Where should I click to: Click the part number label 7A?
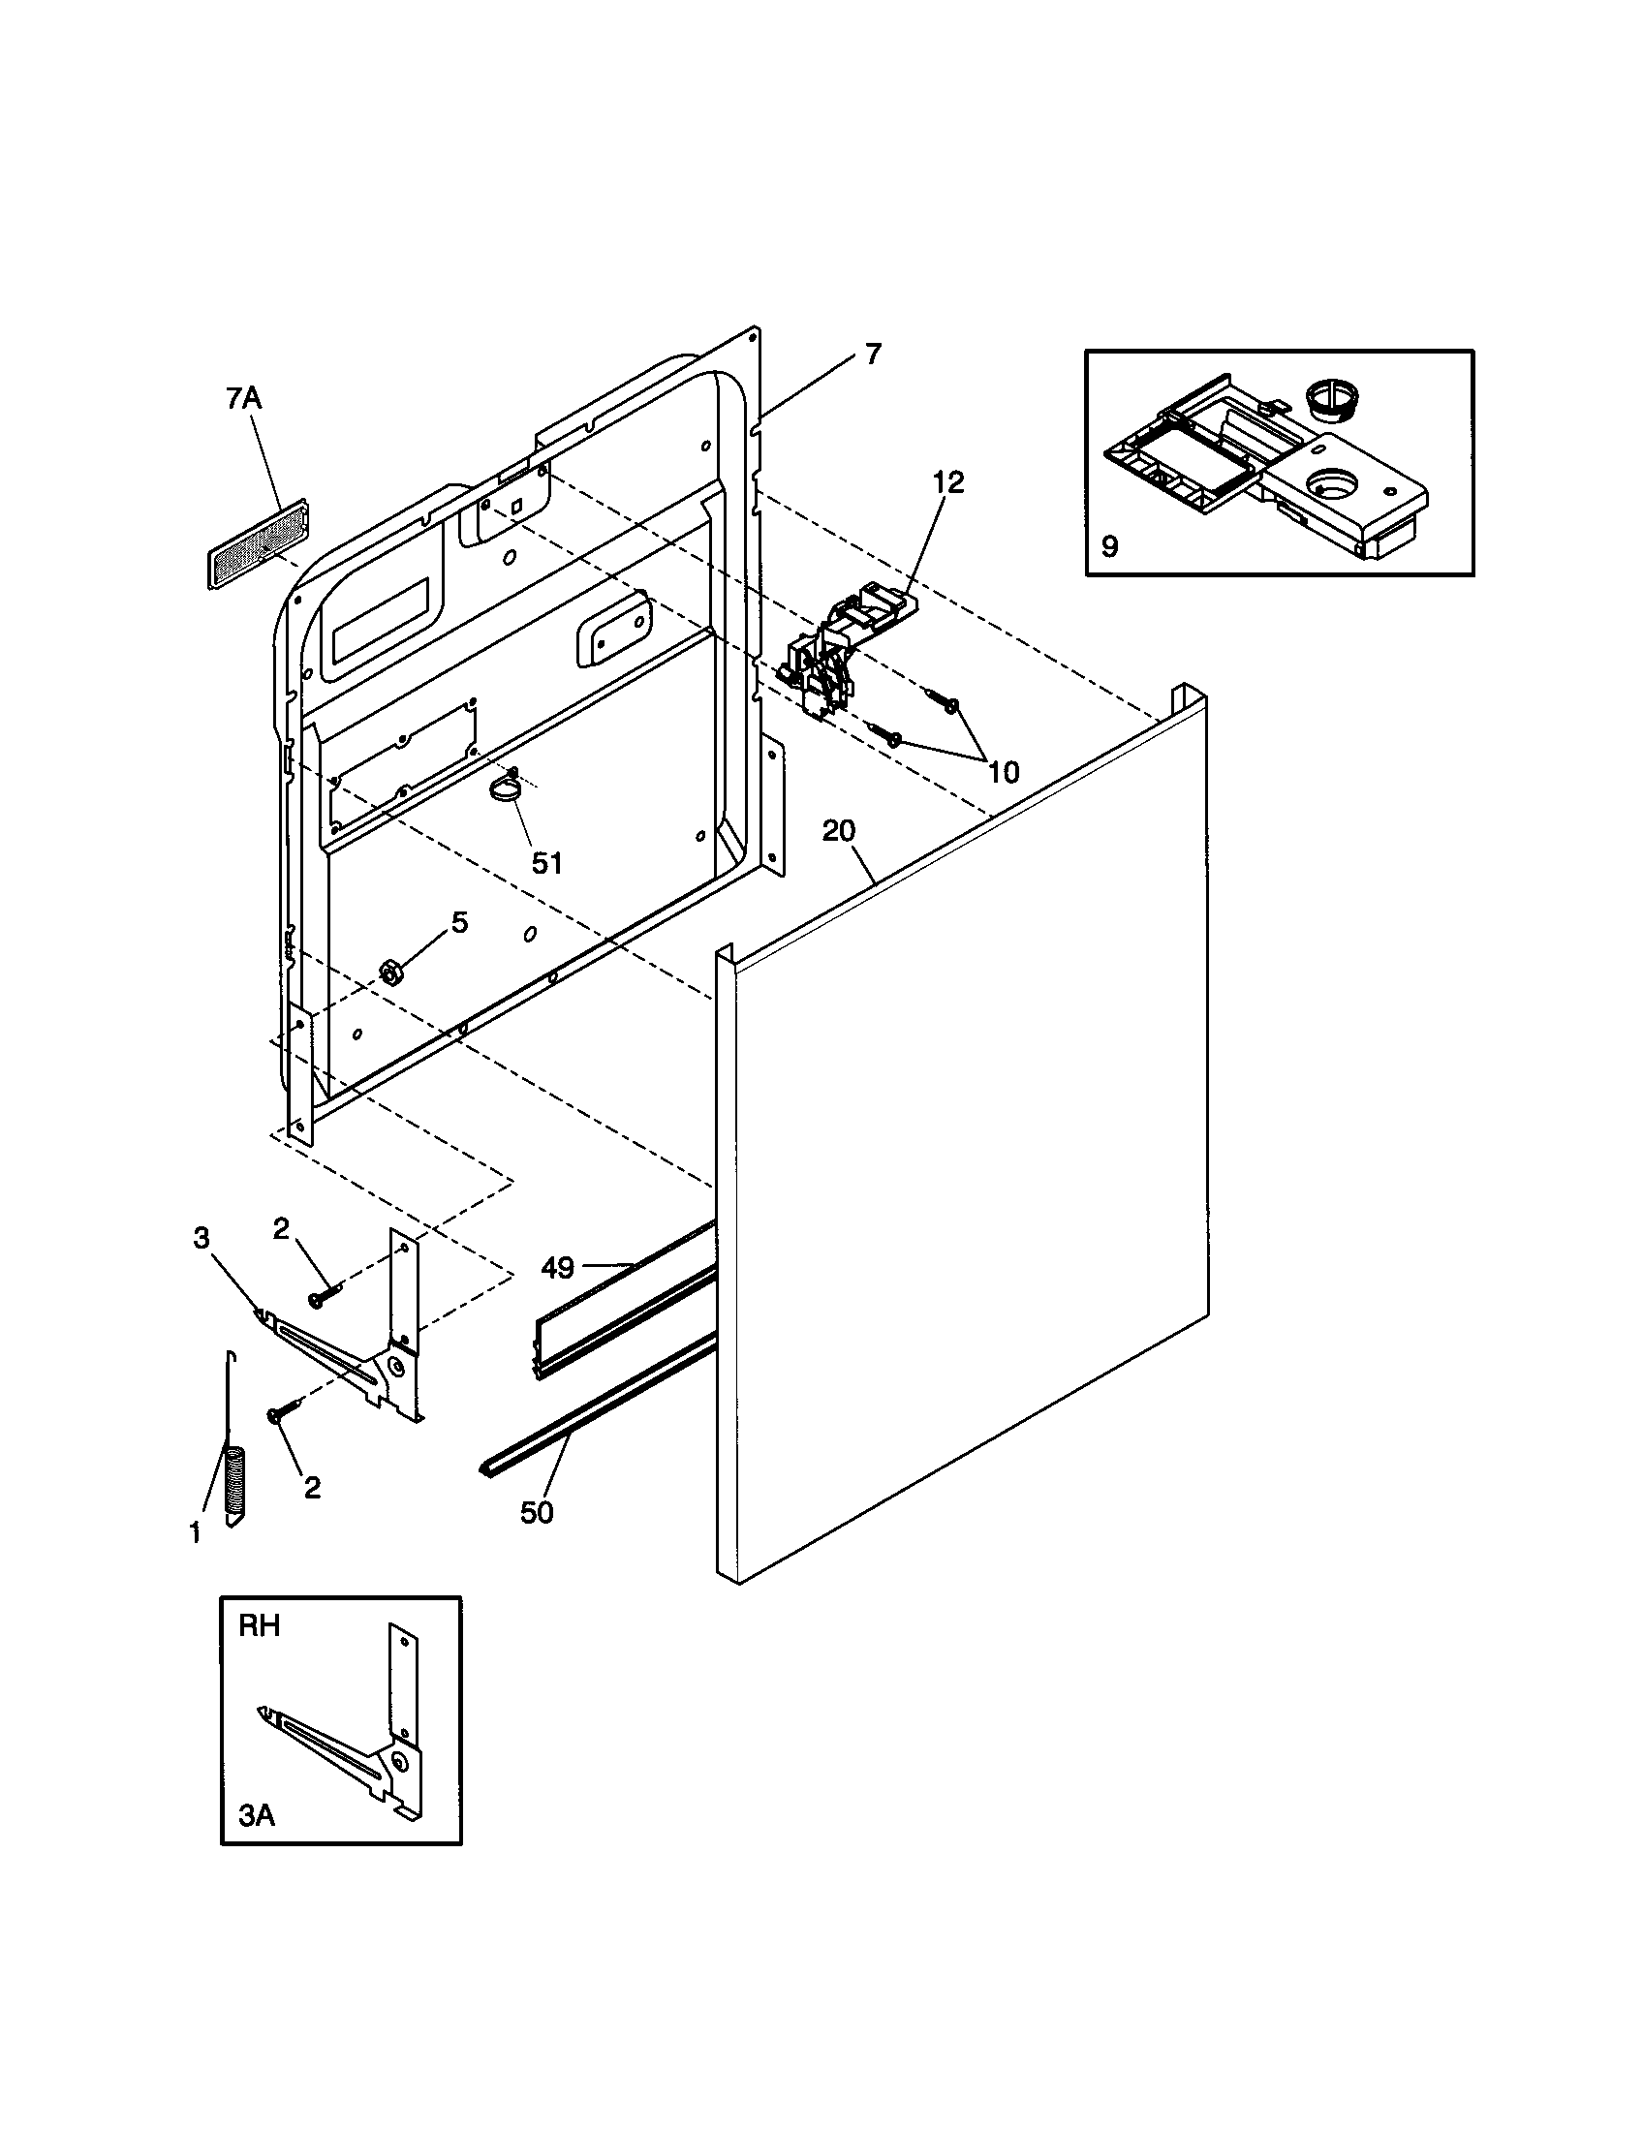(243, 400)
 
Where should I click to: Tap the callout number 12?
(946, 482)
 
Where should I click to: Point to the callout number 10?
(1002, 772)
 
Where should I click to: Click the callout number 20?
(838, 831)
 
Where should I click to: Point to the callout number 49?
(557, 1268)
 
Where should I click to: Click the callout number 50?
(537, 1512)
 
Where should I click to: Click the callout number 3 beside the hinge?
(201, 1238)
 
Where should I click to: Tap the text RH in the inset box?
(260, 1625)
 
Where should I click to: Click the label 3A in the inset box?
(257, 1816)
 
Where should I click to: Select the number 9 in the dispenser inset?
(1109, 546)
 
